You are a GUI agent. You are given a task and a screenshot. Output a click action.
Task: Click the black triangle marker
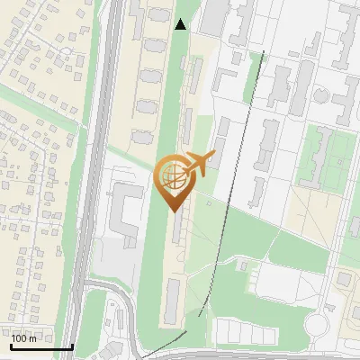181,24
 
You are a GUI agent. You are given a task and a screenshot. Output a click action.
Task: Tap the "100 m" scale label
24,338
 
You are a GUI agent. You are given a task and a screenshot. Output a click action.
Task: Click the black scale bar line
40,346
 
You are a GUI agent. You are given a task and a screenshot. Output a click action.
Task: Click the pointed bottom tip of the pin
172,211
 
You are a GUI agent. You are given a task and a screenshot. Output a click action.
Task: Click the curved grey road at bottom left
130,315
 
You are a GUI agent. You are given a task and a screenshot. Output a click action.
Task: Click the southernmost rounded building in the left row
142,138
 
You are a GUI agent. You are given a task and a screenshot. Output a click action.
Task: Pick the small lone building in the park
242,265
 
